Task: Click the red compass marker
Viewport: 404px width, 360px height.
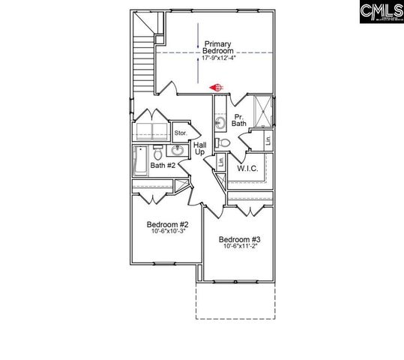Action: click(x=217, y=87)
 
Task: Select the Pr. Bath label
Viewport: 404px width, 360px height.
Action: click(x=240, y=121)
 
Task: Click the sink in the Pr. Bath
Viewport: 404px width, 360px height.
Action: click(x=220, y=122)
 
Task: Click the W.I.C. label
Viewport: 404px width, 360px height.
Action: click(x=247, y=169)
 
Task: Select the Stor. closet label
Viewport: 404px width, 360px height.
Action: click(x=181, y=133)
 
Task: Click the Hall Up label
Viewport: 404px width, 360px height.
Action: click(x=199, y=148)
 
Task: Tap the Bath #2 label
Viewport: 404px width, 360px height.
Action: click(x=163, y=165)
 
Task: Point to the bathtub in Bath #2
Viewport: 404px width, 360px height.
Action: click(x=140, y=160)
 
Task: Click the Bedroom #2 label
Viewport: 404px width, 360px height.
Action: click(x=167, y=224)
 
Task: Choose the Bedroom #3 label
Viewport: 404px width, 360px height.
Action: click(x=239, y=240)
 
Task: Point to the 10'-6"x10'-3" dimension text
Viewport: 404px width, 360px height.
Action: click(x=167, y=232)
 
